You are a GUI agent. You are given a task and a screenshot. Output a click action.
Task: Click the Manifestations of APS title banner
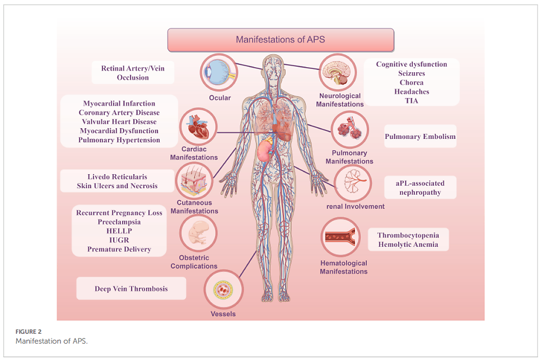point(281,40)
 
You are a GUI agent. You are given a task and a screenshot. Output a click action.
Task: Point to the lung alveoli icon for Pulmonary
point(349,130)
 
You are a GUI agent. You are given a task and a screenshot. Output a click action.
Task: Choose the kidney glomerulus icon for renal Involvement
point(353,184)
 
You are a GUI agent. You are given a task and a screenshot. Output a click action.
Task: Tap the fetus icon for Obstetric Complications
point(198,234)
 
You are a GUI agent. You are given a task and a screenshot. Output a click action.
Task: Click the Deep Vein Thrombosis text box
point(132,289)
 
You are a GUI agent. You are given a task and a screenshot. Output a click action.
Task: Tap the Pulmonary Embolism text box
point(420,136)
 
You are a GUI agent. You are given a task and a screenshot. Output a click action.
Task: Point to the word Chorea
point(412,82)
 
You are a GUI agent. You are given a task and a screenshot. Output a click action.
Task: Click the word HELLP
point(119,231)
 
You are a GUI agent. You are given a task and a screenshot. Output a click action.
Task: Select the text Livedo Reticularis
point(118,177)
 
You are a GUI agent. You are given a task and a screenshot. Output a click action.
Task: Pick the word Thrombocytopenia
point(408,235)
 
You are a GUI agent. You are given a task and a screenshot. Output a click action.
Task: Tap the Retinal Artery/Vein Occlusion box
point(133,73)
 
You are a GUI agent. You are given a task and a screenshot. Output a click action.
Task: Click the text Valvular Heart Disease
point(118,121)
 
